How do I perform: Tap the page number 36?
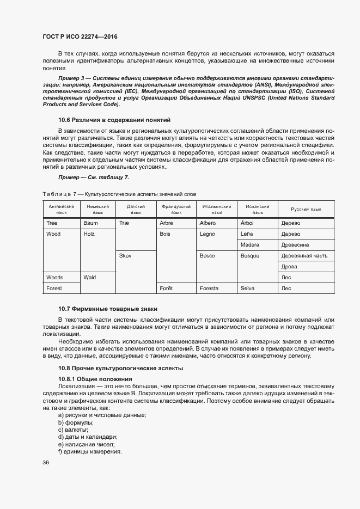point(46,463)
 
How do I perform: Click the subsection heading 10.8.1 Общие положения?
point(95,378)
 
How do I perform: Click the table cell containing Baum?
point(90,223)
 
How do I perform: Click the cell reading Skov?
point(125,256)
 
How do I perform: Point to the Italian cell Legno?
point(208,234)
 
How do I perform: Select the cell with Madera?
point(249,245)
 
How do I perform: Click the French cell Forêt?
point(166,289)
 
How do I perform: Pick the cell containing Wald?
point(90,278)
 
